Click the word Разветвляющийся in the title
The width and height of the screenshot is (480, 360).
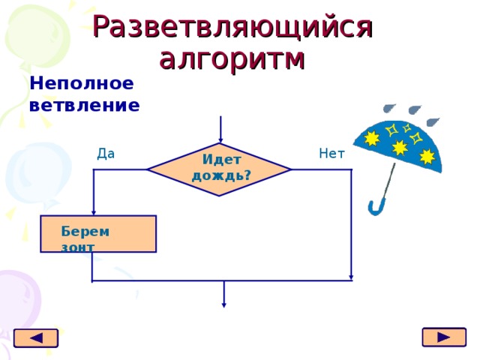coord(232,26)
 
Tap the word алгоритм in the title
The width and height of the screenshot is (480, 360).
coord(233,58)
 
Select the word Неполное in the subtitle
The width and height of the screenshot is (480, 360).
coord(82,83)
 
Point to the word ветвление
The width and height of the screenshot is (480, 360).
coord(84,104)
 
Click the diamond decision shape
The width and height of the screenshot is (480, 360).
coord(219,169)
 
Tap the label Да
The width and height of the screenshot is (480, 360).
coord(106,154)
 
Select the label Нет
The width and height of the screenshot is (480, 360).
coord(331,154)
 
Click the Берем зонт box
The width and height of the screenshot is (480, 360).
coord(98,234)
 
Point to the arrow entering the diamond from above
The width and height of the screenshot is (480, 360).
coord(220,129)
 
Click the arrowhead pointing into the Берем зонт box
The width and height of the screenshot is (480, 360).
coord(93,211)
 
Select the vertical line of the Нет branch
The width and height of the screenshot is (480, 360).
coord(350,225)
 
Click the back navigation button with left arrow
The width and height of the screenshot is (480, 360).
coord(35,338)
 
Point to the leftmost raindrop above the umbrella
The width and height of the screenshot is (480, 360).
coord(388,109)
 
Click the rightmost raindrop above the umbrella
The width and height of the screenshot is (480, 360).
coord(433,121)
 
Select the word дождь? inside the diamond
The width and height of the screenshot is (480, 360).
coord(221,175)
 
